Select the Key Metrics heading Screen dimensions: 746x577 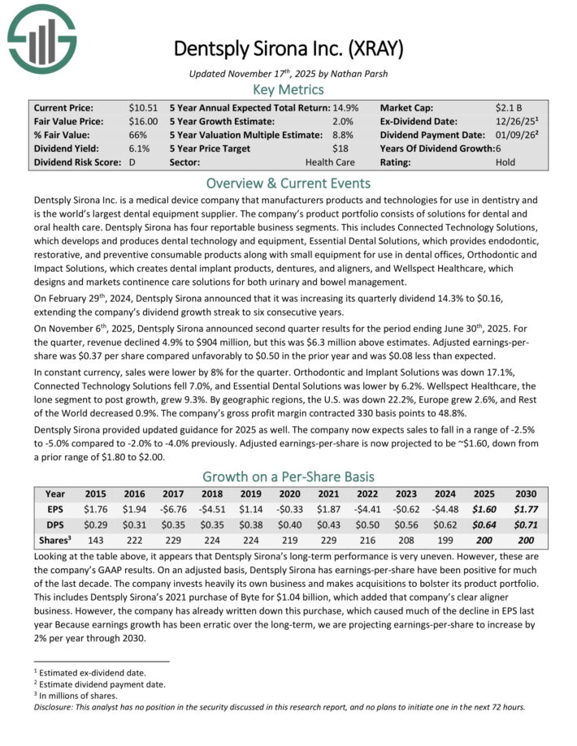pos(288,89)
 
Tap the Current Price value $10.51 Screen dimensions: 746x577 pos(142,107)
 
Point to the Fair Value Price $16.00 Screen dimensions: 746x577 pos(142,121)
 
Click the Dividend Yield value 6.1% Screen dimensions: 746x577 pos(138,149)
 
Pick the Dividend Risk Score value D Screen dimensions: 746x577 pos(132,162)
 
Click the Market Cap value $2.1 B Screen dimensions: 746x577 pos(510,107)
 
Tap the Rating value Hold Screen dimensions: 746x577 pos(505,162)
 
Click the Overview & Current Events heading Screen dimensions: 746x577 pos(288,183)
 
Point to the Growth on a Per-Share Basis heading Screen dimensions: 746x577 pos(288,476)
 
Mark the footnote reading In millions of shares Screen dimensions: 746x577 pos(77,696)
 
